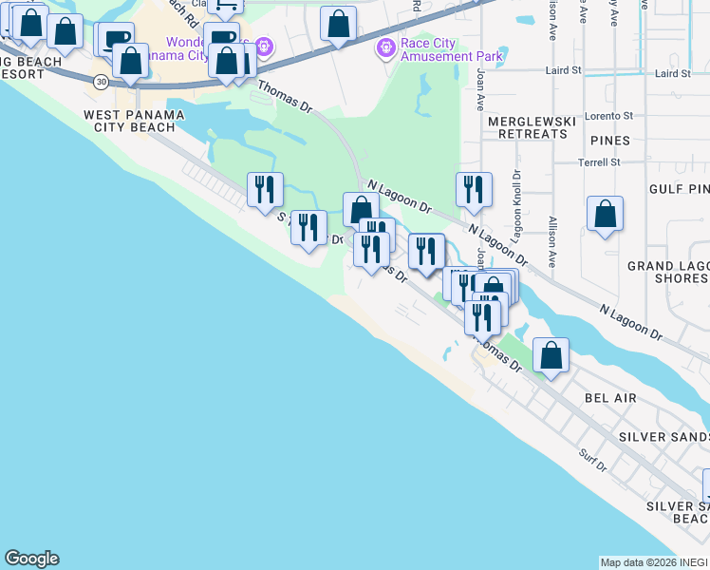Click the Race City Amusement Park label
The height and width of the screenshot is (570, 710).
452,49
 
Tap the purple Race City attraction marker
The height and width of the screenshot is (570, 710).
386,47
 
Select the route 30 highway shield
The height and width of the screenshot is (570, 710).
101,82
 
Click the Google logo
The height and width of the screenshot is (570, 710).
31,559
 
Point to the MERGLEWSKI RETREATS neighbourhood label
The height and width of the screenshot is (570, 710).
527,127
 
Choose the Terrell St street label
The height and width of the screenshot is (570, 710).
599,161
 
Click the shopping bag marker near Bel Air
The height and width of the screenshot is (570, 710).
551,355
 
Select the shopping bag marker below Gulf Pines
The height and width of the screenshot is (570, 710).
605,215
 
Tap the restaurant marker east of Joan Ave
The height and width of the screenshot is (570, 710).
473,190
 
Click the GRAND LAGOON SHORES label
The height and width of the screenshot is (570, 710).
667,272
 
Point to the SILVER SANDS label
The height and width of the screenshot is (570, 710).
663,436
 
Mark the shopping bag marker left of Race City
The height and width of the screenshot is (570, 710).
338,25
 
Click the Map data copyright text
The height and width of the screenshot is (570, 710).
654,562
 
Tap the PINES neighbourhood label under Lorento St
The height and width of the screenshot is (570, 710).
608,141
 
